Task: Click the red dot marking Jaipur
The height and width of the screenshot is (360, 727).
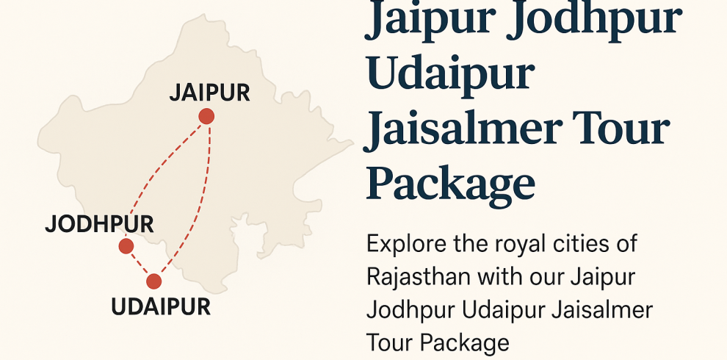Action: point(206,116)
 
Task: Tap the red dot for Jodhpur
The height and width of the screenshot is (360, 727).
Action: point(126,246)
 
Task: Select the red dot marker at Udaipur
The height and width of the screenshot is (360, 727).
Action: point(153,281)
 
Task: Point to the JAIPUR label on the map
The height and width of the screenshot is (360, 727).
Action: point(210,93)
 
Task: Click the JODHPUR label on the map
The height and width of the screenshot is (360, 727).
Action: point(99,224)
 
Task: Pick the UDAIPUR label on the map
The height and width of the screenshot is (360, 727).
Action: point(161,306)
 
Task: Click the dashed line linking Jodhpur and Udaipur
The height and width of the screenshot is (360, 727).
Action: point(140,264)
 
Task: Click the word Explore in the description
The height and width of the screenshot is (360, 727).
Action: point(406,244)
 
